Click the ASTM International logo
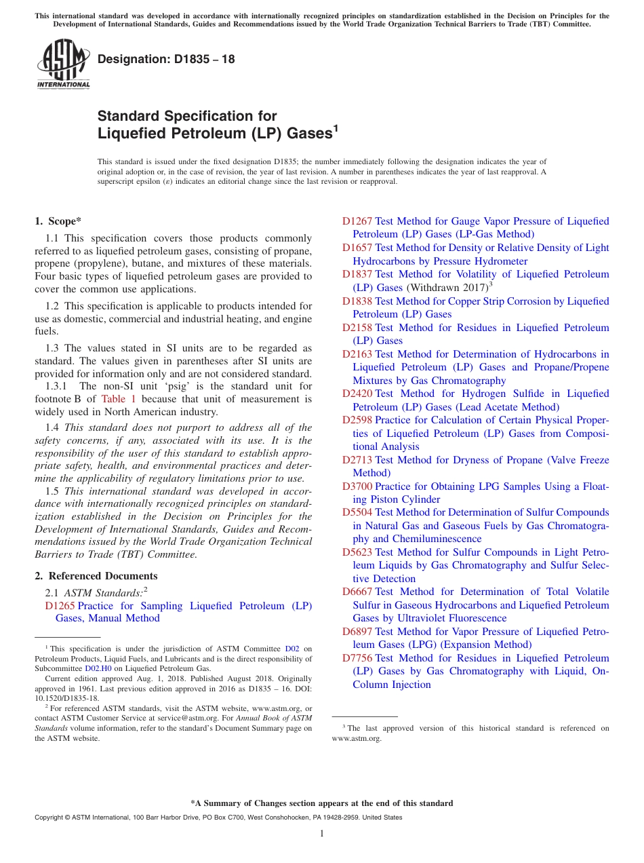point(63,64)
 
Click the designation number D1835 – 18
point(166,59)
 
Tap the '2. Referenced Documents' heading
point(96,576)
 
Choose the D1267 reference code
point(357,221)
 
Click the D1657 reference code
point(357,248)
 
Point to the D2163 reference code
point(357,354)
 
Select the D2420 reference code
point(357,394)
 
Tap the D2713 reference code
point(357,460)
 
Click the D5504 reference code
point(357,512)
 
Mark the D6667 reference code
point(357,592)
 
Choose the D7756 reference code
point(357,658)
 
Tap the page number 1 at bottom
point(322,834)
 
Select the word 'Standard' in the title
point(128,116)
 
